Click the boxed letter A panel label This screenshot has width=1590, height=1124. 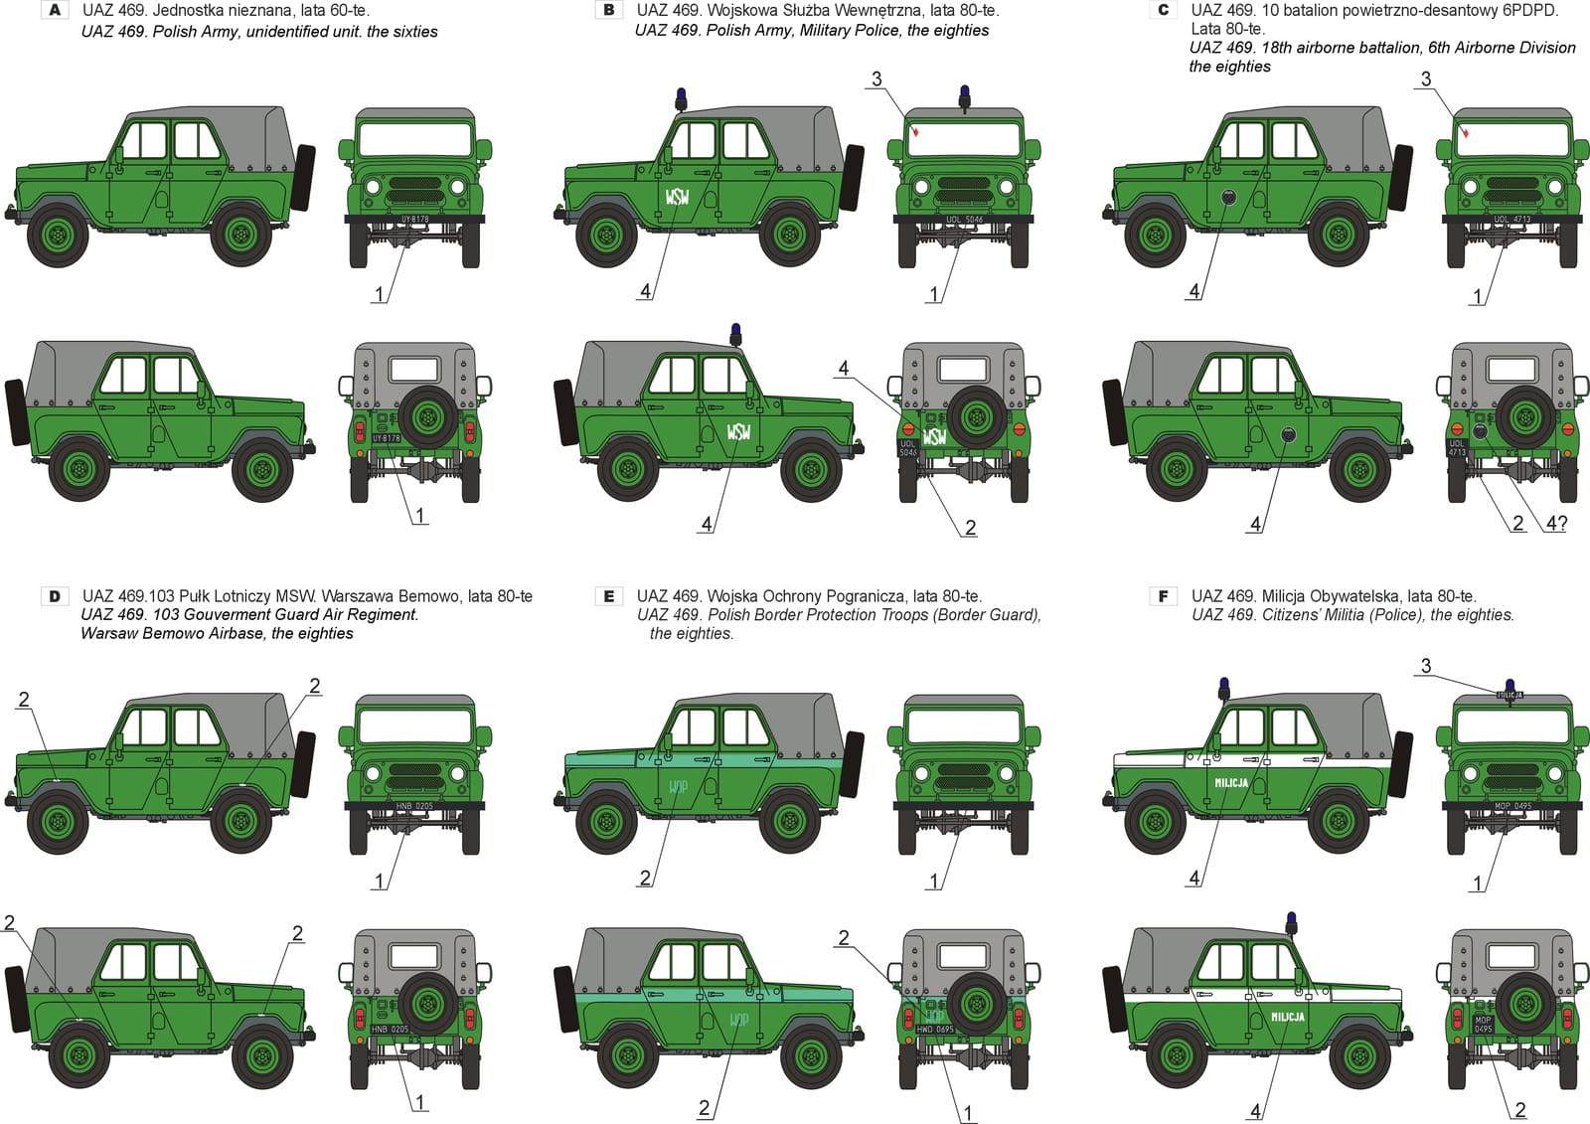pos(55,11)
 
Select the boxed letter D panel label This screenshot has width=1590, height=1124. pos(55,596)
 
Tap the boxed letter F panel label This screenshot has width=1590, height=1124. pos(1164,596)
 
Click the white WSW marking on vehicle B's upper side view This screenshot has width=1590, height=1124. pos(677,196)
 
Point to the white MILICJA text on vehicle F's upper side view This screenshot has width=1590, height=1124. pos(1231,783)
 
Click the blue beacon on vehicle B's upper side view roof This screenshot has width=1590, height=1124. pos(682,97)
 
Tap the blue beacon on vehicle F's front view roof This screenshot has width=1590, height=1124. pos(1510,685)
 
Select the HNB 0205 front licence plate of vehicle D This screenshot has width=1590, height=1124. pos(414,806)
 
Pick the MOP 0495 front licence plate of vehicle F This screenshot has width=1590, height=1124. pos(1513,806)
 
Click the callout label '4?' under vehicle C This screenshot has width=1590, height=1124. pos(1556,524)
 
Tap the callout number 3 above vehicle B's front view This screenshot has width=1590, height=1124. pos(876,80)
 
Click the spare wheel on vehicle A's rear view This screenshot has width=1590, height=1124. pos(426,415)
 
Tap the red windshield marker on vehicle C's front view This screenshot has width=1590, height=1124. pos(1466,132)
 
